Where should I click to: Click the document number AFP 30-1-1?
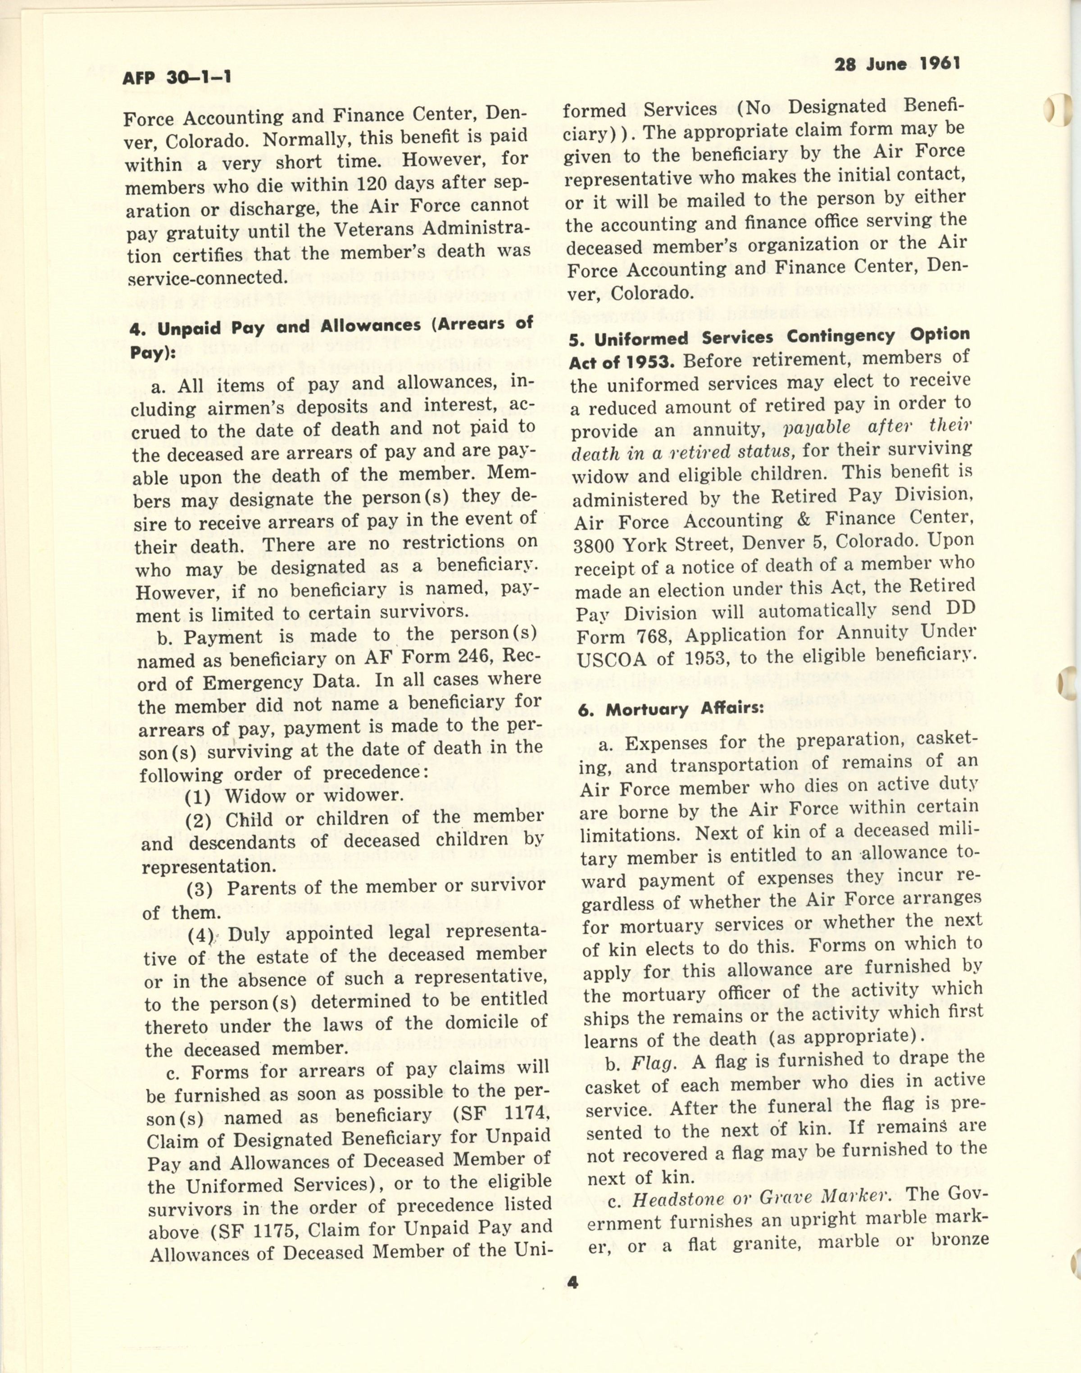(x=177, y=77)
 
